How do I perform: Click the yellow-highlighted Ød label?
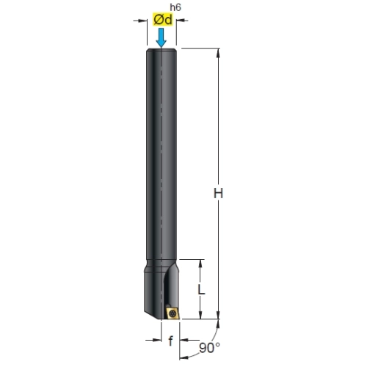[x=163, y=20]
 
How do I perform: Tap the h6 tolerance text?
[x=175, y=7]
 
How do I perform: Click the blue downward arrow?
[x=161, y=37]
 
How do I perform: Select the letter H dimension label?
[x=218, y=193]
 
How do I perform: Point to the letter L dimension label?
[x=201, y=289]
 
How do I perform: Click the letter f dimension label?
[x=170, y=341]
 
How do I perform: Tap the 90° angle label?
[x=209, y=348]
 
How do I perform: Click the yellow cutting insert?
[x=172, y=313]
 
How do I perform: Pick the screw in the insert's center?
[x=172, y=313]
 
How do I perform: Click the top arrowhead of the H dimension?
[x=218, y=53]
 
